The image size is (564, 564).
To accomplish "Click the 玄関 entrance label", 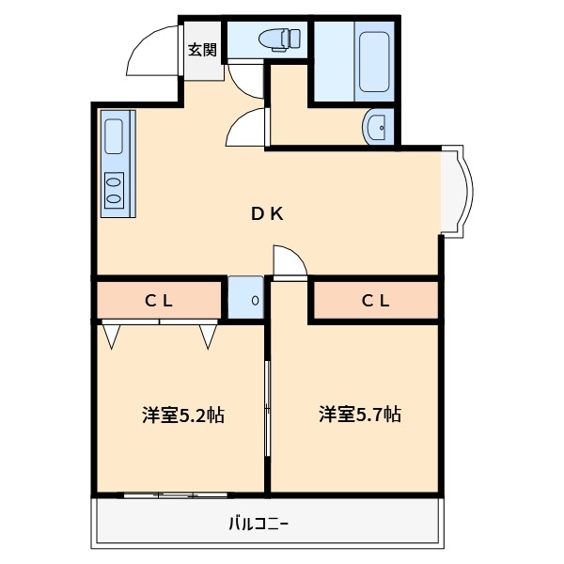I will [x=202, y=50].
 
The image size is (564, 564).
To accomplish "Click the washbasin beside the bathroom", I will [x=378, y=127].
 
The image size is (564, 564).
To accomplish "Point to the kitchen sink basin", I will [x=114, y=136].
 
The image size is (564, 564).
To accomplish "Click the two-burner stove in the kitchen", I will [x=114, y=189].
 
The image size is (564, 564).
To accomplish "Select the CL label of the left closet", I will [x=158, y=301].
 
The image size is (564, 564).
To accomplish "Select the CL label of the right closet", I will [x=376, y=301].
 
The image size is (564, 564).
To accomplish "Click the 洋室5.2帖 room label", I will [x=183, y=415].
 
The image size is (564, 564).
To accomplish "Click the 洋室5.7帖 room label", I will [x=359, y=414].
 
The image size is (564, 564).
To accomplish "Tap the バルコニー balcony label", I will [x=258, y=524].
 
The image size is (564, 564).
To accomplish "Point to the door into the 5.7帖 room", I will [x=290, y=262].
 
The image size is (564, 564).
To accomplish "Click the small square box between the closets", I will [x=246, y=300].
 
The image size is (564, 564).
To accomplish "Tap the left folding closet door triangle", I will [x=113, y=336].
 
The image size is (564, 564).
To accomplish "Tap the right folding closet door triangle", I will [x=209, y=336].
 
